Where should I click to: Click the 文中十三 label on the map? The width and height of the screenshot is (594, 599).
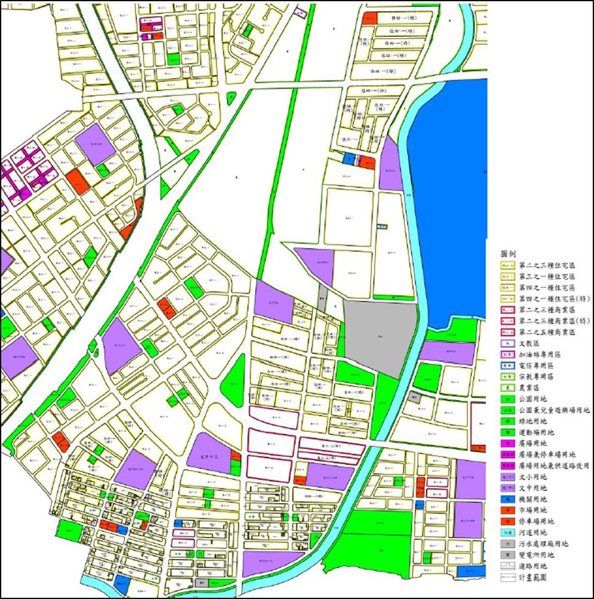pyautogui.click(x=209, y=455)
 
